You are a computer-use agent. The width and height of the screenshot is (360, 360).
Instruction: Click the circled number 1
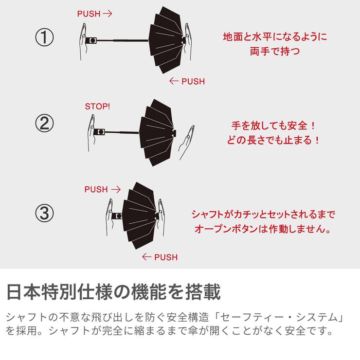[x=44, y=38]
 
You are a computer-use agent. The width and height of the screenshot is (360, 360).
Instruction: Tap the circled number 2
[x=44, y=125]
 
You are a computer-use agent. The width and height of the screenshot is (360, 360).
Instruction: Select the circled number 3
[x=44, y=213]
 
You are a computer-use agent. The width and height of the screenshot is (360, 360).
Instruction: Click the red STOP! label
[x=98, y=106]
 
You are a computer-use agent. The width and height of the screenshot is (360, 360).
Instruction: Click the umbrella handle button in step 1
[x=91, y=40]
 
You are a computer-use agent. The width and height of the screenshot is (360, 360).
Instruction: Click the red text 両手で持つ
[x=275, y=51]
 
